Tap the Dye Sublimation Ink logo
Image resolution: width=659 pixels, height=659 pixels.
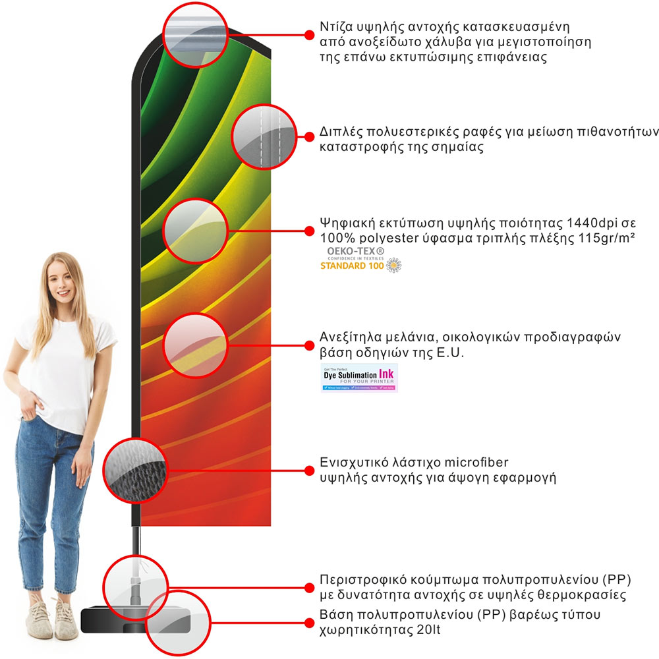tap(359, 378)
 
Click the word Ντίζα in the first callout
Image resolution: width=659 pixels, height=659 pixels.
tap(334, 28)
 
